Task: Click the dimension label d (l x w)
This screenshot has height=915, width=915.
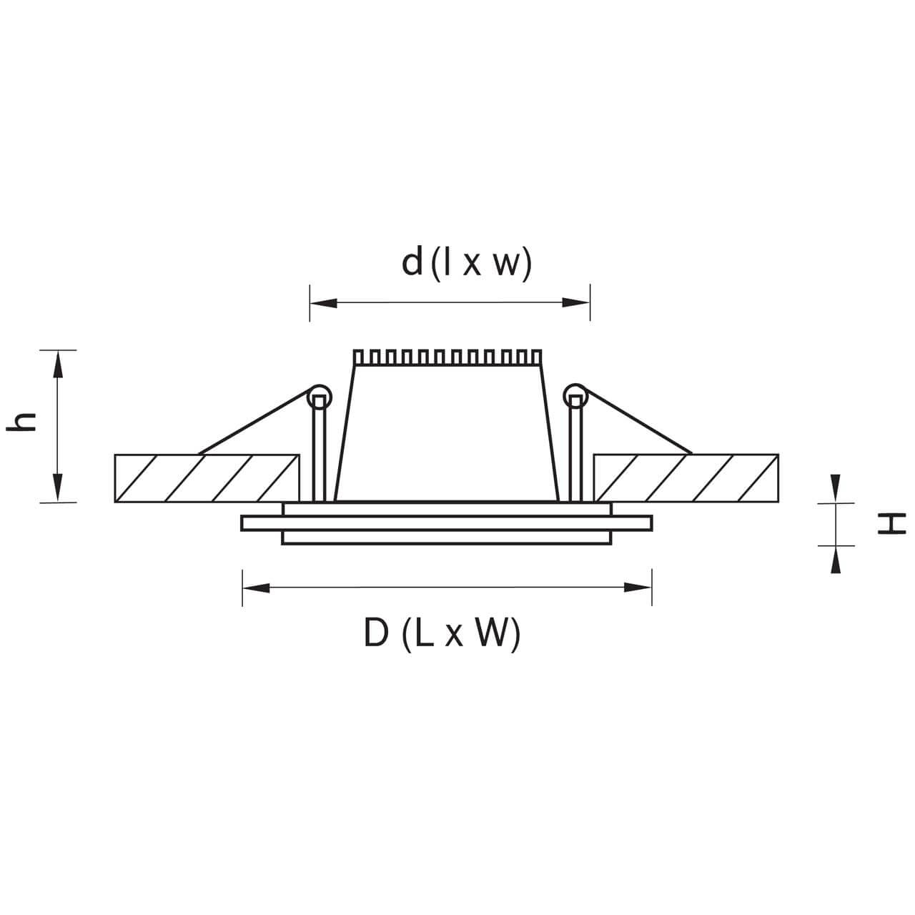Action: click(x=467, y=263)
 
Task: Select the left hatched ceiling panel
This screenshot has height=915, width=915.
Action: click(x=207, y=478)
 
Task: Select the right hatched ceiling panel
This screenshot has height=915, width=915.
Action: click(x=686, y=478)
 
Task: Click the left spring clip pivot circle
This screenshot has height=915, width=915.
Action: click(x=320, y=396)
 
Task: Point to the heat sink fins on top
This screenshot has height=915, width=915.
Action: click(x=447, y=357)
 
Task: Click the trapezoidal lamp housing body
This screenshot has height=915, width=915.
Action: click(x=447, y=436)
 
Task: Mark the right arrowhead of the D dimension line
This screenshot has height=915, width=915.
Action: click(x=639, y=588)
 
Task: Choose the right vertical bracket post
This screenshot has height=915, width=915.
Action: click(x=575, y=450)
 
